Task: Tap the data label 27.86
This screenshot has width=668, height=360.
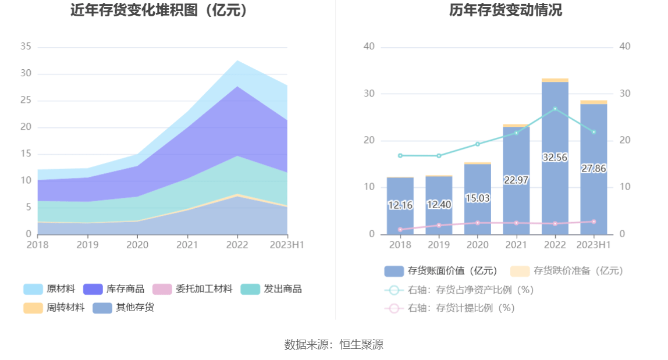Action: pos(594,169)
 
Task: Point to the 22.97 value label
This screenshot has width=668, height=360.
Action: pos(516,180)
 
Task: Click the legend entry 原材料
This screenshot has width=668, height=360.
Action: pos(49,289)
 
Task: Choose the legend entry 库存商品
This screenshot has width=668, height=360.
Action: pos(113,289)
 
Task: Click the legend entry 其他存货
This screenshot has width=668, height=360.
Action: pos(123,308)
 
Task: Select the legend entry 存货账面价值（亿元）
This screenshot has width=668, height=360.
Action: pos(440,271)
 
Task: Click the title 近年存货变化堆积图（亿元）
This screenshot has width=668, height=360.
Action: pos(159,10)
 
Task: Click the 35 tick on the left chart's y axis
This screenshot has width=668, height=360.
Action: pos(26,47)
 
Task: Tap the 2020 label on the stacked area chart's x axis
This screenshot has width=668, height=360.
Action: pos(137,245)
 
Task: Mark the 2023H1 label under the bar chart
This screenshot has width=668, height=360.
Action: pos(594,245)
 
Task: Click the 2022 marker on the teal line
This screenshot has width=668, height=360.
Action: pos(555,109)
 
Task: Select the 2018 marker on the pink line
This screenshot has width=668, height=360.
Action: pos(400,230)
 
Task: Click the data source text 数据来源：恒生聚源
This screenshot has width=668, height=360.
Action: pos(333,344)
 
